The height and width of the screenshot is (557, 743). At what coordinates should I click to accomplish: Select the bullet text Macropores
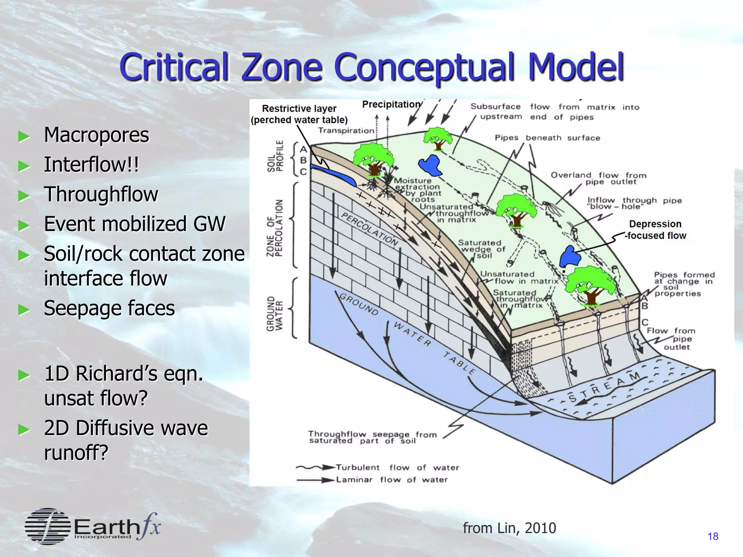pos(96,135)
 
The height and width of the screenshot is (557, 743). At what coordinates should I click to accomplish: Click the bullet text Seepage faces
pos(109,309)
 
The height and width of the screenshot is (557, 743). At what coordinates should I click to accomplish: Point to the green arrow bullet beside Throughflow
pos(24,196)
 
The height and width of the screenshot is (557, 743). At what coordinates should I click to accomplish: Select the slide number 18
pos(713,536)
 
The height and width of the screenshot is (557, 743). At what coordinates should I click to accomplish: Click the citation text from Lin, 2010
pos(509,528)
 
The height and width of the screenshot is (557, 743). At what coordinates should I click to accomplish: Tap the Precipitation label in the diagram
pos(391,104)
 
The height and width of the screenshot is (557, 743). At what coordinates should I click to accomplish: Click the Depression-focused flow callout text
pos(655,230)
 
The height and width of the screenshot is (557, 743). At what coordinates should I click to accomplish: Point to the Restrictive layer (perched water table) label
pos(299,114)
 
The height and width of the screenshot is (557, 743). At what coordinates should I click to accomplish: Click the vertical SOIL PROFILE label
pos(275,156)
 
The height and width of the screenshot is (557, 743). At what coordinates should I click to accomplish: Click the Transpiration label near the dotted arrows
pos(346,131)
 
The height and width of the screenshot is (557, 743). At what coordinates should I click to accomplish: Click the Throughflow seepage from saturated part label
pos(372,437)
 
